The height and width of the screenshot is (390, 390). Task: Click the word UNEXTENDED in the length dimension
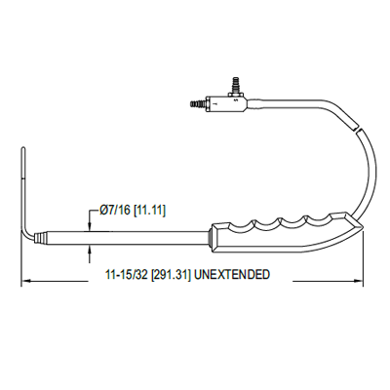tap(232, 275)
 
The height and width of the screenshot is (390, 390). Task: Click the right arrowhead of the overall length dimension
tap(363, 283)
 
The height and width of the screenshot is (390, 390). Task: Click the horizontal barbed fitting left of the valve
tap(195, 99)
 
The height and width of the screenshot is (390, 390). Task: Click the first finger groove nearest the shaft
tap(240, 224)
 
